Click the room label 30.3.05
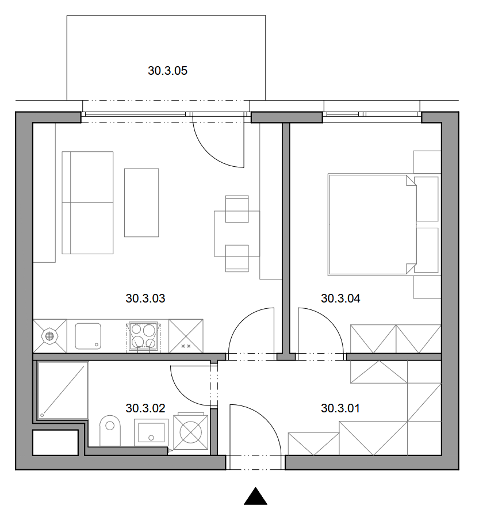click(x=167, y=71)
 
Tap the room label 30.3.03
click(x=145, y=298)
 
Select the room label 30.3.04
click(x=340, y=298)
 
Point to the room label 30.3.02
click(x=145, y=408)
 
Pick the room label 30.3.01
click(x=340, y=408)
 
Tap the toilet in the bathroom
click(x=110, y=431)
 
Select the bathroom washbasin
click(x=151, y=432)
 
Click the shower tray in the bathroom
click(x=63, y=391)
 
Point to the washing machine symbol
click(x=191, y=432)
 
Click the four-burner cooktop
click(x=143, y=336)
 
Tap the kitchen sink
click(x=88, y=336)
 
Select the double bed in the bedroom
click(x=373, y=224)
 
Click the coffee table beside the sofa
click(x=141, y=202)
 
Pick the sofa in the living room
click(x=87, y=202)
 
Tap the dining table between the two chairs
click(x=237, y=233)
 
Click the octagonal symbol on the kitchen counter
click(x=49, y=336)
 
